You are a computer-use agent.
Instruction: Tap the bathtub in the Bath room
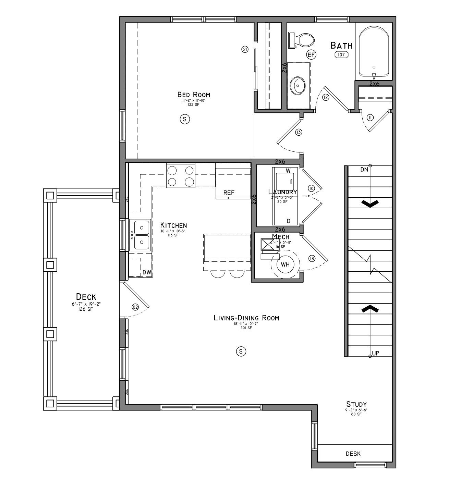tap(374, 53)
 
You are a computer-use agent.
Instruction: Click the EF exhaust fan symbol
tap(311, 54)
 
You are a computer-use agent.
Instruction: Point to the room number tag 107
tap(341, 54)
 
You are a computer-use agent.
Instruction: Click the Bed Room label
tap(194, 95)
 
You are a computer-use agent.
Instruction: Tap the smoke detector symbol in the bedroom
tap(185, 119)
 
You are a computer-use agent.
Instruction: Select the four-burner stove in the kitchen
tap(181, 176)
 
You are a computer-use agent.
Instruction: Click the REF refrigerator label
tap(229, 193)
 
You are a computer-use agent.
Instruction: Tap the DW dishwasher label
tap(147, 272)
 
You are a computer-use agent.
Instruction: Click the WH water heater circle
tap(285, 265)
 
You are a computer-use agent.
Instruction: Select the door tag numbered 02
tap(135, 307)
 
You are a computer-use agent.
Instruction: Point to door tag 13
tap(298, 132)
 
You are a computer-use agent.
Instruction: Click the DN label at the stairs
tap(364, 170)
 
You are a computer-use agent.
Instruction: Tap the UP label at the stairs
tap(376, 353)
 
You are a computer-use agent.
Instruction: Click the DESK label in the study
tap(353, 454)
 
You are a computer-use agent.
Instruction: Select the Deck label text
tap(86, 297)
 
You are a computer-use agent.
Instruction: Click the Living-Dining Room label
tap(246, 318)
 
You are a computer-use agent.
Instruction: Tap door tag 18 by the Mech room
tap(312, 258)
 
